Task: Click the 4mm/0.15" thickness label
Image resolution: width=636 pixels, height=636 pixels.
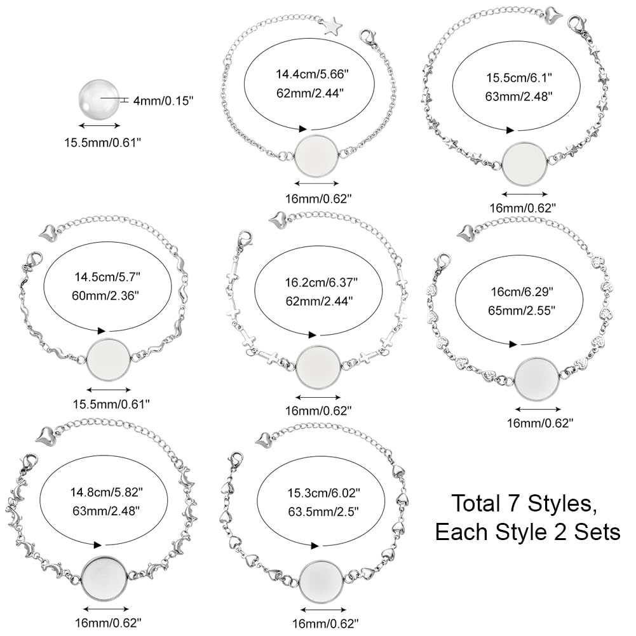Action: coord(163,100)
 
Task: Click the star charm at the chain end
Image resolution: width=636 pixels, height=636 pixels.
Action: coord(332,25)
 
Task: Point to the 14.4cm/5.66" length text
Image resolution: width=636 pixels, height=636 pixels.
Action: coord(313,74)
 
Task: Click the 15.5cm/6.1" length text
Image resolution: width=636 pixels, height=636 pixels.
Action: coord(519,78)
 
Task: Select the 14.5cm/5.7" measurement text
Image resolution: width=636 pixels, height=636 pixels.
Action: coord(107,277)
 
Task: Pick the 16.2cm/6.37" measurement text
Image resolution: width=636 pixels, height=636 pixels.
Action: coord(321,282)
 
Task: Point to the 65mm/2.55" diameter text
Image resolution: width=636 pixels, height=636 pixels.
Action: coord(521,311)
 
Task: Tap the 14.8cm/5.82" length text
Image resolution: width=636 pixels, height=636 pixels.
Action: coord(107,492)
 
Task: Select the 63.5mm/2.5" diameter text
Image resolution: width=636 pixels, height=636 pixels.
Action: coord(323,512)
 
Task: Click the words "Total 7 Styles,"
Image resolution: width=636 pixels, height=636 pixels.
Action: coord(524,503)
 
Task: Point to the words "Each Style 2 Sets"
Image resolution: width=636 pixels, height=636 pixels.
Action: coord(528,532)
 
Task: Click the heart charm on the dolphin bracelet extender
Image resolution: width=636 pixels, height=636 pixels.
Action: coord(44,435)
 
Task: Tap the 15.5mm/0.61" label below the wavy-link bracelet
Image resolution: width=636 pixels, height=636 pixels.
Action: coord(111,404)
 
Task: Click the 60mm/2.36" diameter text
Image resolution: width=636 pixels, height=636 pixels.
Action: coord(105,295)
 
